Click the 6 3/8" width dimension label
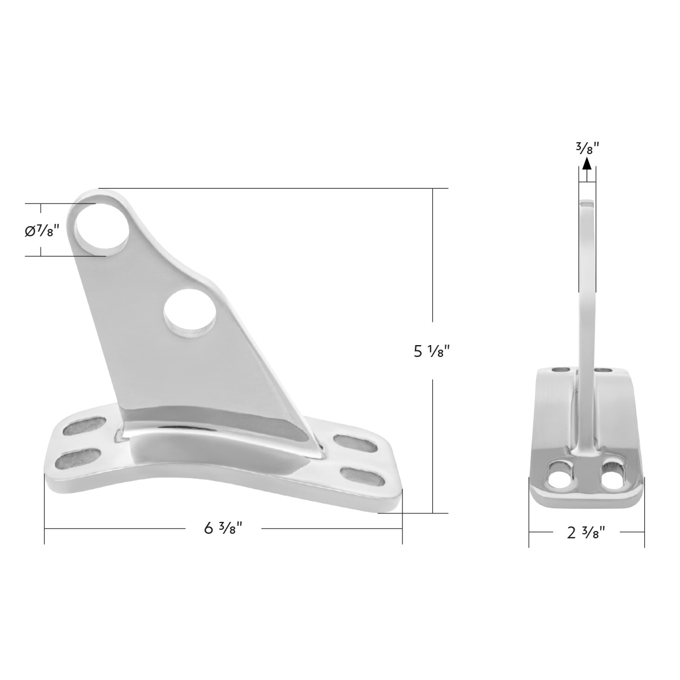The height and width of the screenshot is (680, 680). click(223, 528)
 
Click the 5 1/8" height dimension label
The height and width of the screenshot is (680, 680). click(432, 351)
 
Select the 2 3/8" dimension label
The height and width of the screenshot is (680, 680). click(586, 532)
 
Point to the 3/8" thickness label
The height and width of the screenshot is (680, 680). click(587, 148)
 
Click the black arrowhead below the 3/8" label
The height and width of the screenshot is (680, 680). click(587, 164)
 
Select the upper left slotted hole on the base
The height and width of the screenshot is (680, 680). click(84, 424)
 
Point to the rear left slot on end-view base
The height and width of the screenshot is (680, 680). click(562, 370)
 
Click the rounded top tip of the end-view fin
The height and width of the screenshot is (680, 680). click(587, 202)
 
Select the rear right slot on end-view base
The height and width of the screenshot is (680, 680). click(605, 371)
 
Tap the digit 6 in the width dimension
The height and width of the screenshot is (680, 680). click(209, 528)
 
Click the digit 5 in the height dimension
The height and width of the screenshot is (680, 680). click(418, 351)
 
